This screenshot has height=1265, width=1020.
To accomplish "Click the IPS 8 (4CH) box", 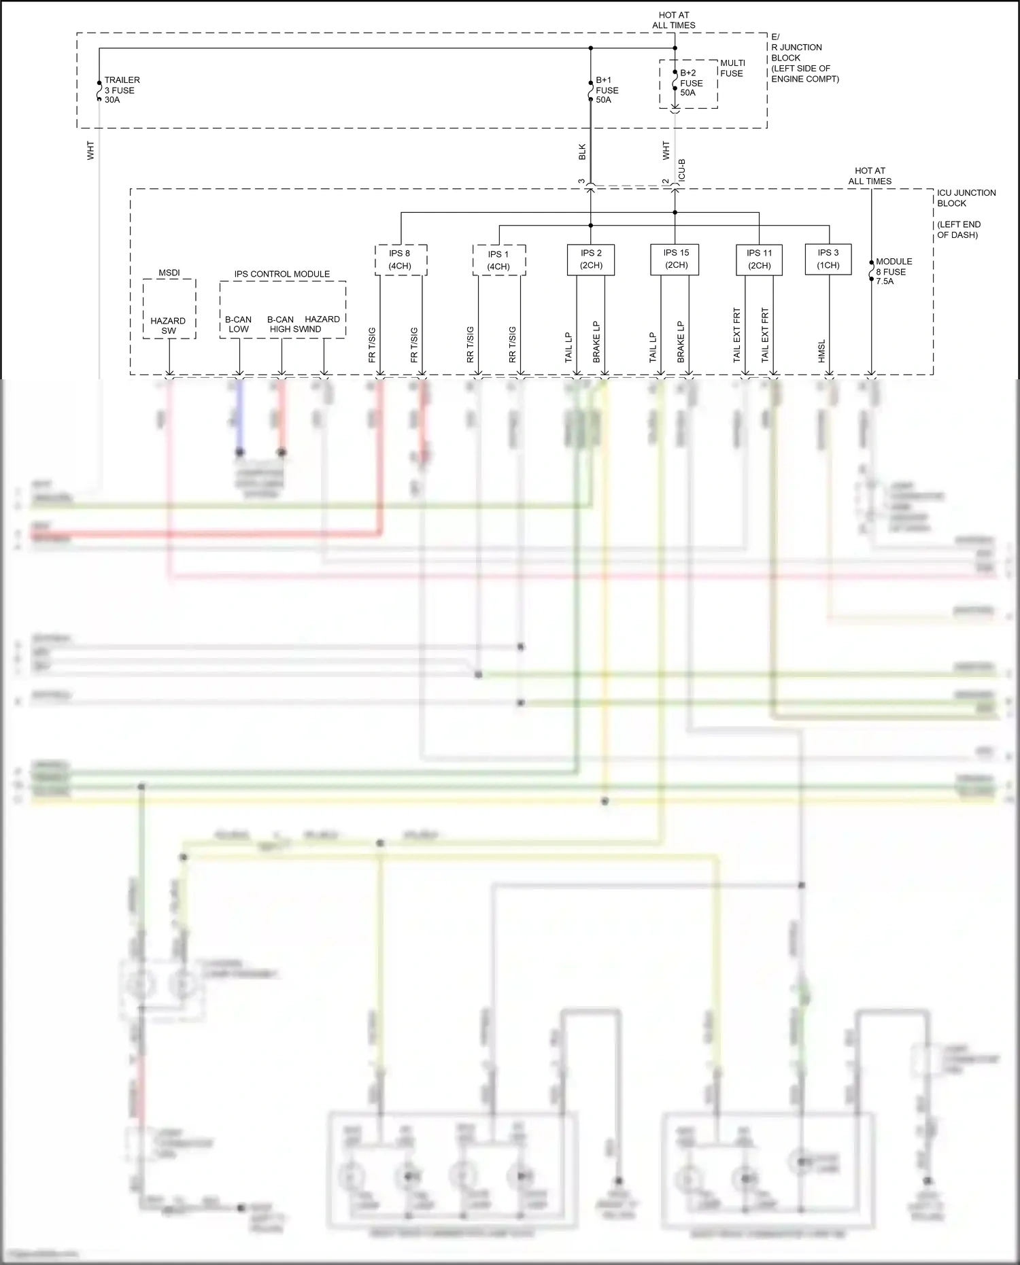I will (401, 260).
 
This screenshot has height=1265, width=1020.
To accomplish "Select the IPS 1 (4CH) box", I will (498, 260).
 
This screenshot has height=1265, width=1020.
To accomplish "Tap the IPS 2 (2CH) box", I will (590, 259).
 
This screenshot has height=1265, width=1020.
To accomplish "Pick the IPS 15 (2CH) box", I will (676, 259).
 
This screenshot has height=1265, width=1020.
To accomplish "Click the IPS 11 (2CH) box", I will (759, 260).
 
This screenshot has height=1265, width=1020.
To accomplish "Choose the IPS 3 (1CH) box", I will (828, 259).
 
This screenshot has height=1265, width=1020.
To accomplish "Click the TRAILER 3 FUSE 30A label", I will (122, 90).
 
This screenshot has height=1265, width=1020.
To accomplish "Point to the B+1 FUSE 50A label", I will (607, 90).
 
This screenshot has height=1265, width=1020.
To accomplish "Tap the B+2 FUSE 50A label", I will (691, 83).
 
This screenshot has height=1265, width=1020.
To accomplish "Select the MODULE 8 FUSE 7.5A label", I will (894, 271).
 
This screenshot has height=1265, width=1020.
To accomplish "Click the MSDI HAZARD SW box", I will (169, 309).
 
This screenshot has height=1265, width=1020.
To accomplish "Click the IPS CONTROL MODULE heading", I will (282, 274).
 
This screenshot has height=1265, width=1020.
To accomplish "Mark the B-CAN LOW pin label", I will (238, 324).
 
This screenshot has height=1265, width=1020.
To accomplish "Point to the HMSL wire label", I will (821, 351).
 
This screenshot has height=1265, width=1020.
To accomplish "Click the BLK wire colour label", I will (582, 152).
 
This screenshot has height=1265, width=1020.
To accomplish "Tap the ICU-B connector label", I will (682, 170).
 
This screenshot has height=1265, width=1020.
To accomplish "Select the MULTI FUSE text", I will (732, 68).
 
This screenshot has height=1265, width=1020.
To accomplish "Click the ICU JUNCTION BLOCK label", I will (966, 198).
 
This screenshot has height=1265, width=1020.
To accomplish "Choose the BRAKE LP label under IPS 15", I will (681, 341).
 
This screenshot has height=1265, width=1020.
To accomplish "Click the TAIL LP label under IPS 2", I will (569, 347).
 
